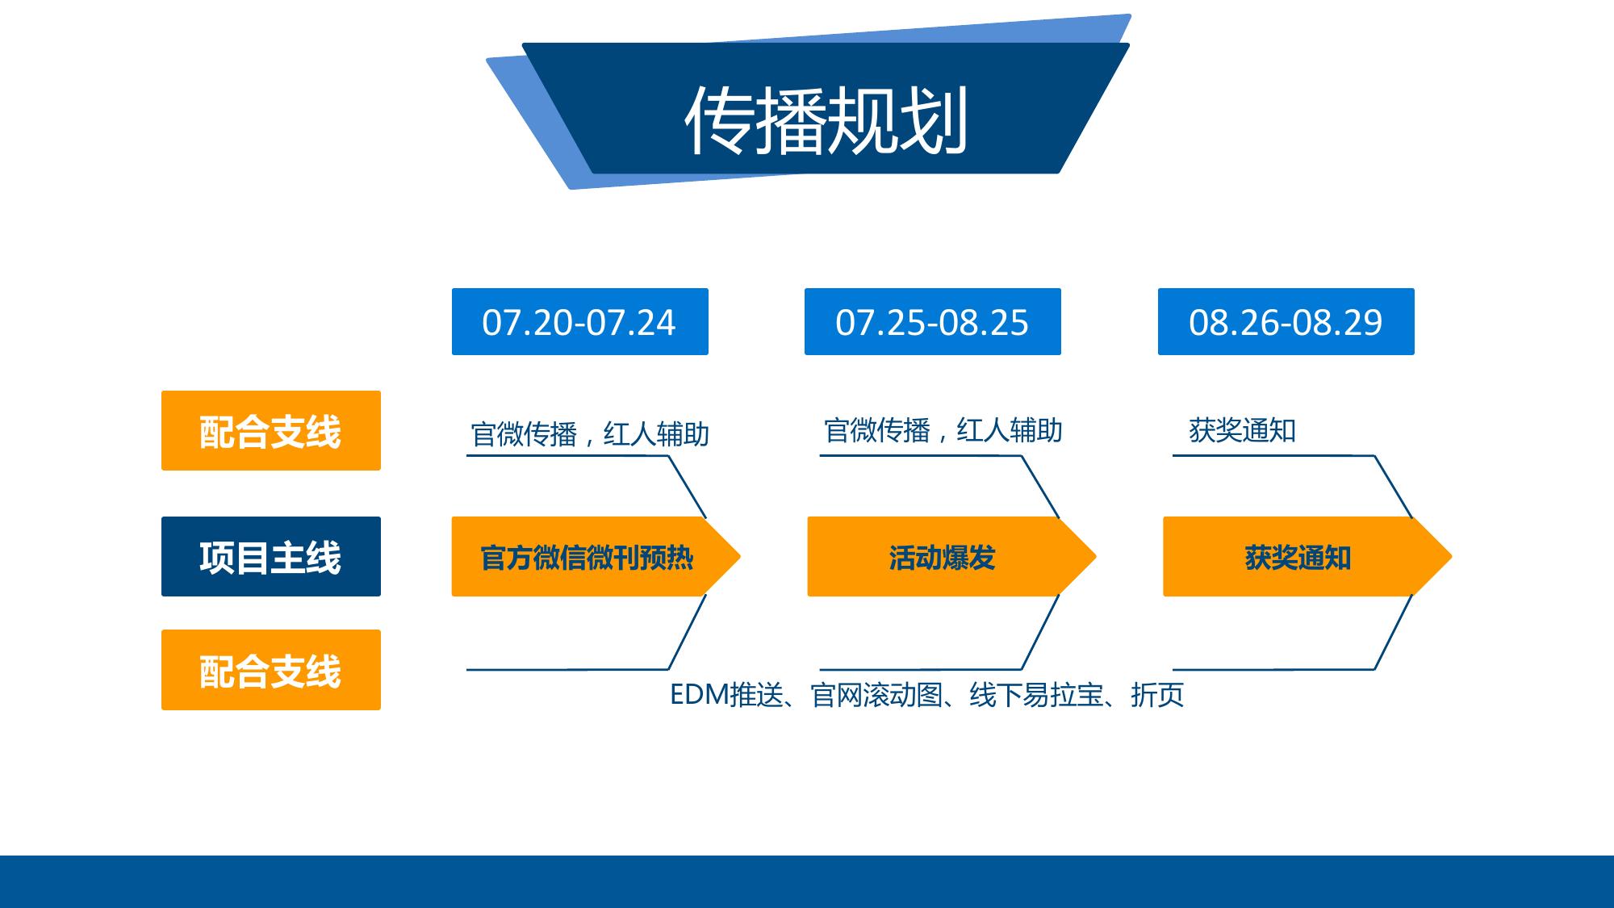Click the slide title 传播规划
point(826,121)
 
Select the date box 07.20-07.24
point(580,321)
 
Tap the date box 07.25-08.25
point(933,321)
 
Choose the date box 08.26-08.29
point(1286,321)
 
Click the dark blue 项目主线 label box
point(271,557)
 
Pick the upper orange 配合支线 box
point(271,430)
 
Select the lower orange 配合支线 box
point(271,670)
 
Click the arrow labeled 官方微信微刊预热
point(596,557)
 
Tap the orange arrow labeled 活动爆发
point(951,557)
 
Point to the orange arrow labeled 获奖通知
point(1307,557)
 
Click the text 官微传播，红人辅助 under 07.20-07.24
point(590,434)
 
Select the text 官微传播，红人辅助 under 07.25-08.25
point(943,430)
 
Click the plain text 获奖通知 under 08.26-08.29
point(1242,430)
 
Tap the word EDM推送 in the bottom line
point(727,695)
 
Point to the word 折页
point(1157,695)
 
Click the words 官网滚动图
point(876,695)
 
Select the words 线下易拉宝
point(1036,695)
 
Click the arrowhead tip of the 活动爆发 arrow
point(1096,557)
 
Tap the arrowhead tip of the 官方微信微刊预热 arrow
point(740,557)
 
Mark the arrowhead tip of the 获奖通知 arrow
point(1452,557)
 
